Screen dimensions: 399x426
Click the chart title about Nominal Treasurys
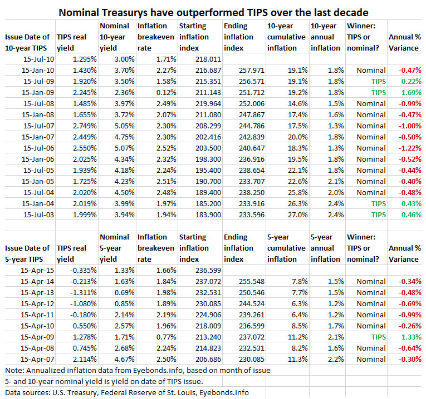(x=213, y=11)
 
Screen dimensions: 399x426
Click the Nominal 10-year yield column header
(x=115, y=37)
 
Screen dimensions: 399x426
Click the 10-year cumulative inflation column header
(x=286, y=37)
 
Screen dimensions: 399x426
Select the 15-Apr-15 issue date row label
(x=37, y=270)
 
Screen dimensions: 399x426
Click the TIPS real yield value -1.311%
(x=82, y=292)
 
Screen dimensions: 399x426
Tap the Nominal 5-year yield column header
(x=115, y=248)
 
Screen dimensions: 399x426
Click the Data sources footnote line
(x=127, y=392)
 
